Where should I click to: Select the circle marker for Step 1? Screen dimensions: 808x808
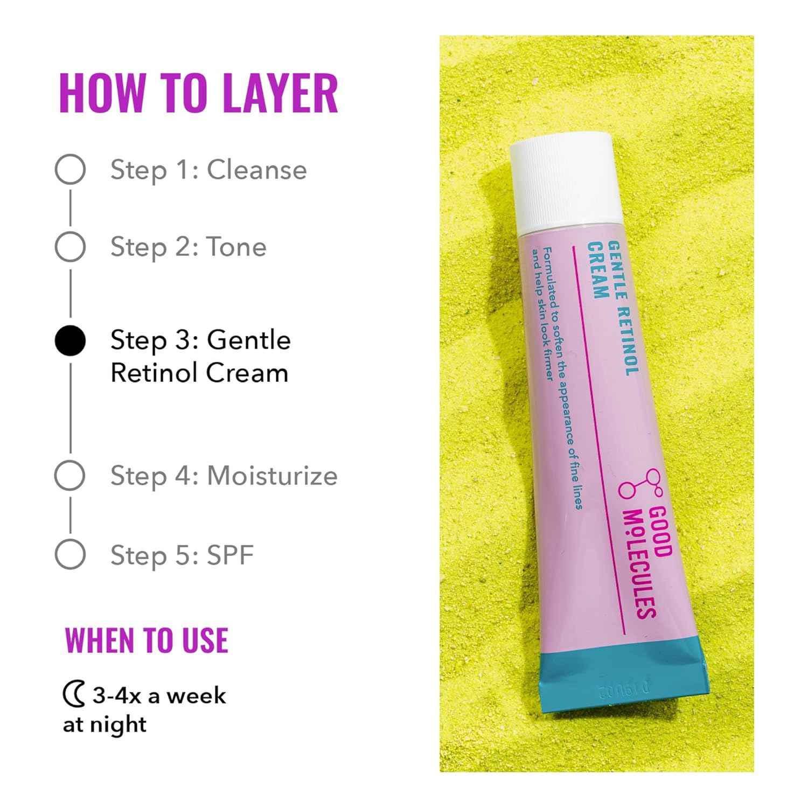click(70, 169)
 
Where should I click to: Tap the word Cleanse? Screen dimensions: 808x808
click(257, 170)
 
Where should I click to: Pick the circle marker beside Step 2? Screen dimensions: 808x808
click(70, 247)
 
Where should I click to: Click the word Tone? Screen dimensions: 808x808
click(237, 247)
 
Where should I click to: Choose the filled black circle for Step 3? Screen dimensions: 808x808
click(70, 340)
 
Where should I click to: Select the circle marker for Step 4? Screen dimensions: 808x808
click(70, 476)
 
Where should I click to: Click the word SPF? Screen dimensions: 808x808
click(230, 555)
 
